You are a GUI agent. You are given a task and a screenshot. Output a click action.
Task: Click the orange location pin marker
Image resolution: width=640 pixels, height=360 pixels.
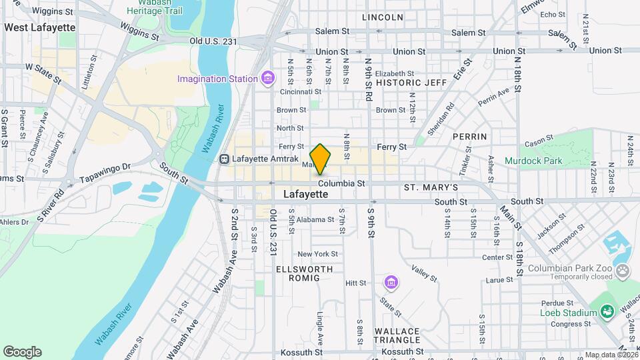320,159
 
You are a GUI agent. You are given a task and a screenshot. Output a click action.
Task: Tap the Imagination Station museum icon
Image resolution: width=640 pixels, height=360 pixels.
268,79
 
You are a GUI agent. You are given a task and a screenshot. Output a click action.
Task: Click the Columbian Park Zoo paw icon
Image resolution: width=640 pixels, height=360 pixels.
623,271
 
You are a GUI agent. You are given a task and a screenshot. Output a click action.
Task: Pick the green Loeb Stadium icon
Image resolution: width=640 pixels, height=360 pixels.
606,312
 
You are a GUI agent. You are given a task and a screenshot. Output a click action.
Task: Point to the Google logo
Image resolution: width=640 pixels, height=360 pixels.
22,352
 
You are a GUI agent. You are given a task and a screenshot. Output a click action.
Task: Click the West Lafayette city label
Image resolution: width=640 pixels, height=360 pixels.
39,27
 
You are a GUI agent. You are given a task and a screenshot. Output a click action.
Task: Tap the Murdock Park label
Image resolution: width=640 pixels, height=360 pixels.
533,161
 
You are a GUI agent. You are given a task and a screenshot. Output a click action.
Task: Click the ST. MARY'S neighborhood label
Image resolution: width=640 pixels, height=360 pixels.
431,188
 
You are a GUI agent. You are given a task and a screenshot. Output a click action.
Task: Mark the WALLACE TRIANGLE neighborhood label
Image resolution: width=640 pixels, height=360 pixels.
397,337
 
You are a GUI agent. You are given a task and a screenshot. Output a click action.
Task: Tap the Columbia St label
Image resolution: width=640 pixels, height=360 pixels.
341,183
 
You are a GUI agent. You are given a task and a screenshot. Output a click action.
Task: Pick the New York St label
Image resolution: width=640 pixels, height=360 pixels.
318,254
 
